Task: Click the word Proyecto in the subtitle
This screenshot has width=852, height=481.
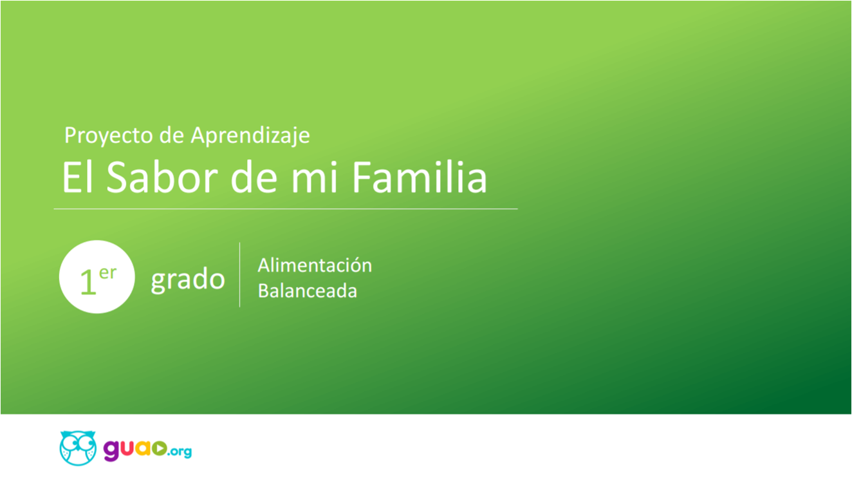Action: pyautogui.click(x=108, y=136)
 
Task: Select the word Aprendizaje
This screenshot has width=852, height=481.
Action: pyautogui.click(x=250, y=136)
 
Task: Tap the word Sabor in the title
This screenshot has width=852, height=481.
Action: pyautogui.click(x=162, y=177)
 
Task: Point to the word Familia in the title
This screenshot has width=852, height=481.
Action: pyautogui.click(x=419, y=176)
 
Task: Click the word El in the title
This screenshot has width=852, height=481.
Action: pyautogui.click(x=78, y=177)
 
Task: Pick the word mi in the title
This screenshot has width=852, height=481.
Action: pyautogui.click(x=314, y=177)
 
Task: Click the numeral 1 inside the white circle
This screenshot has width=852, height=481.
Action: pyautogui.click(x=88, y=281)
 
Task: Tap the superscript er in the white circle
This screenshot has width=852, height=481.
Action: pyautogui.click(x=107, y=273)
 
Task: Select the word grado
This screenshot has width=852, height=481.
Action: pyautogui.click(x=188, y=280)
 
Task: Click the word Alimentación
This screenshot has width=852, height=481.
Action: pyautogui.click(x=315, y=265)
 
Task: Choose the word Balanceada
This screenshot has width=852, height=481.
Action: pyautogui.click(x=308, y=291)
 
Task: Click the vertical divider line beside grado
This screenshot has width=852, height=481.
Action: pyautogui.click(x=239, y=275)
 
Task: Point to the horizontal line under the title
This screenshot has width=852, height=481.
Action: pyautogui.click(x=286, y=209)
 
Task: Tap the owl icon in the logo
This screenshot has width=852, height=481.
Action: pyautogui.click(x=78, y=448)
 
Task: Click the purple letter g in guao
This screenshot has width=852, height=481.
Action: pyautogui.click(x=111, y=451)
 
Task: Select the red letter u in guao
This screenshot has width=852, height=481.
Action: pyautogui.click(x=128, y=448)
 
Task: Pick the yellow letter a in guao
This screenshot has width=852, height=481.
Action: pyautogui.click(x=144, y=448)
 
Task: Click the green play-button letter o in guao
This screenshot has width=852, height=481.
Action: pyautogui.click(x=160, y=448)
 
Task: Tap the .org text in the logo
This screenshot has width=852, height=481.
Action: pyautogui.click(x=180, y=451)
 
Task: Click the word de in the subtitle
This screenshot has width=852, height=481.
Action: pyautogui.click(x=172, y=136)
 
